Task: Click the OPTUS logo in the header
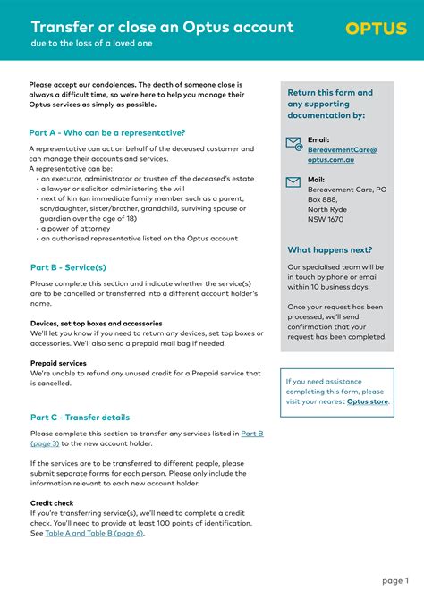coord(376,30)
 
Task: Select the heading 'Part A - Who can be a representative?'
coord(107,132)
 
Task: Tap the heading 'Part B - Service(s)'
coord(68,267)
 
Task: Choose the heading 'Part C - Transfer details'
coord(80,417)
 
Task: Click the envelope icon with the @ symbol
coord(293,143)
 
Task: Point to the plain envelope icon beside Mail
coord(293,181)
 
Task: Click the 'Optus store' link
coord(368,401)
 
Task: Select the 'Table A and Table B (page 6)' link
coord(94,533)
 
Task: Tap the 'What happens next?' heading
coord(330,249)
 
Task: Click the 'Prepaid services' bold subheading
coord(58,363)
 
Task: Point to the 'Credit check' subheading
coord(53,502)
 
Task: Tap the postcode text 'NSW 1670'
coord(326,219)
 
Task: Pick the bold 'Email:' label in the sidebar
coord(319,139)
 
